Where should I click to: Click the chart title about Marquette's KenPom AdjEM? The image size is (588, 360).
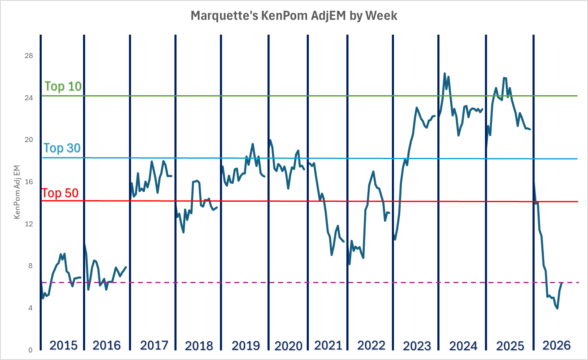click(294, 16)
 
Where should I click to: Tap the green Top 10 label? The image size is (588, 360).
click(63, 86)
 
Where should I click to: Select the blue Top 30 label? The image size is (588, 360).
click(62, 148)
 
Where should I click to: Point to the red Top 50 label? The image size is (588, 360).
click(60, 193)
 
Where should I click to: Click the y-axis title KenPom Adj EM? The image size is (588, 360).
click(17, 192)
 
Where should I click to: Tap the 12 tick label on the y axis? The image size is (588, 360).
click(29, 224)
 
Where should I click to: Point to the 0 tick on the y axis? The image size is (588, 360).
click(30, 350)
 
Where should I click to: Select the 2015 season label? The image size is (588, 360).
click(63, 345)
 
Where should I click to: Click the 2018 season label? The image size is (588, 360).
click(199, 346)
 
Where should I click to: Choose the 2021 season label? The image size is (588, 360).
click(328, 345)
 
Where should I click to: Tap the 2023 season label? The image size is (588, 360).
click(417, 346)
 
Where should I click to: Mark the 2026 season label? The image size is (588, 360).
click(556, 345)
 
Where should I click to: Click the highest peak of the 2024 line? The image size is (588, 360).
click(444, 74)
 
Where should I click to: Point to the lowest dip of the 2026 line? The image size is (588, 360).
click(558, 308)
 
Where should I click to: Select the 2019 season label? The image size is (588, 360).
click(246, 346)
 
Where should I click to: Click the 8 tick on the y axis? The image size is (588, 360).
click(30, 266)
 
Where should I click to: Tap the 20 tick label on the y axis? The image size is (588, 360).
click(29, 140)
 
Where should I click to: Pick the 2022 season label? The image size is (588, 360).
click(371, 345)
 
